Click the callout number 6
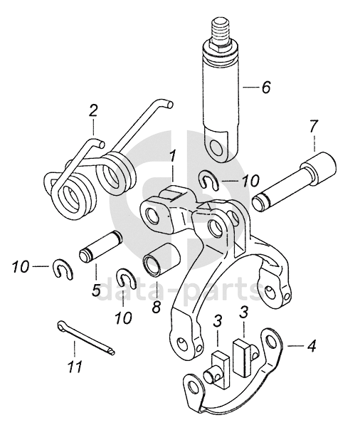click(265, 87)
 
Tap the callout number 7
click(314, 126)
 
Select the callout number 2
click(93, 111)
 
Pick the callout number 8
click(157, 307)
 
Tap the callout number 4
click(311, 346)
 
